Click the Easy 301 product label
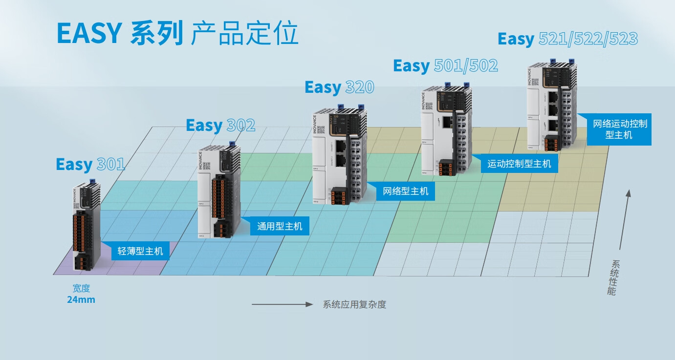tap(90, 164)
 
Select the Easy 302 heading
tap(220, 126)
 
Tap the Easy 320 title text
tap(339, 87)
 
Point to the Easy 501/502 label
tap(445, 66)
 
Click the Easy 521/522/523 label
tap(567, 39)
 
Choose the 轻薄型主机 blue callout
tap(140, 252)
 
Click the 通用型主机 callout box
tap(280, 226)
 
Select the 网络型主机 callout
tap(405, 191)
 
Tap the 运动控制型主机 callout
tap(519, 164)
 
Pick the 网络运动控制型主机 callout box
tap(619, 129)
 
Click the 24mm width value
tap(81, 299)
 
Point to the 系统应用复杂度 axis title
tap(354, 304)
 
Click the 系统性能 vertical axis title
tap(612, 277)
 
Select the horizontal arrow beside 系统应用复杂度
tap(282, 304)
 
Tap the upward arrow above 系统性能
tap(625, 220)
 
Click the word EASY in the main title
tap(88, 34)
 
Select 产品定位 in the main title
tap(244, 34)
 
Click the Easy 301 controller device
tap(86, 227)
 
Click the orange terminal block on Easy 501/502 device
tap(445, 168)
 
